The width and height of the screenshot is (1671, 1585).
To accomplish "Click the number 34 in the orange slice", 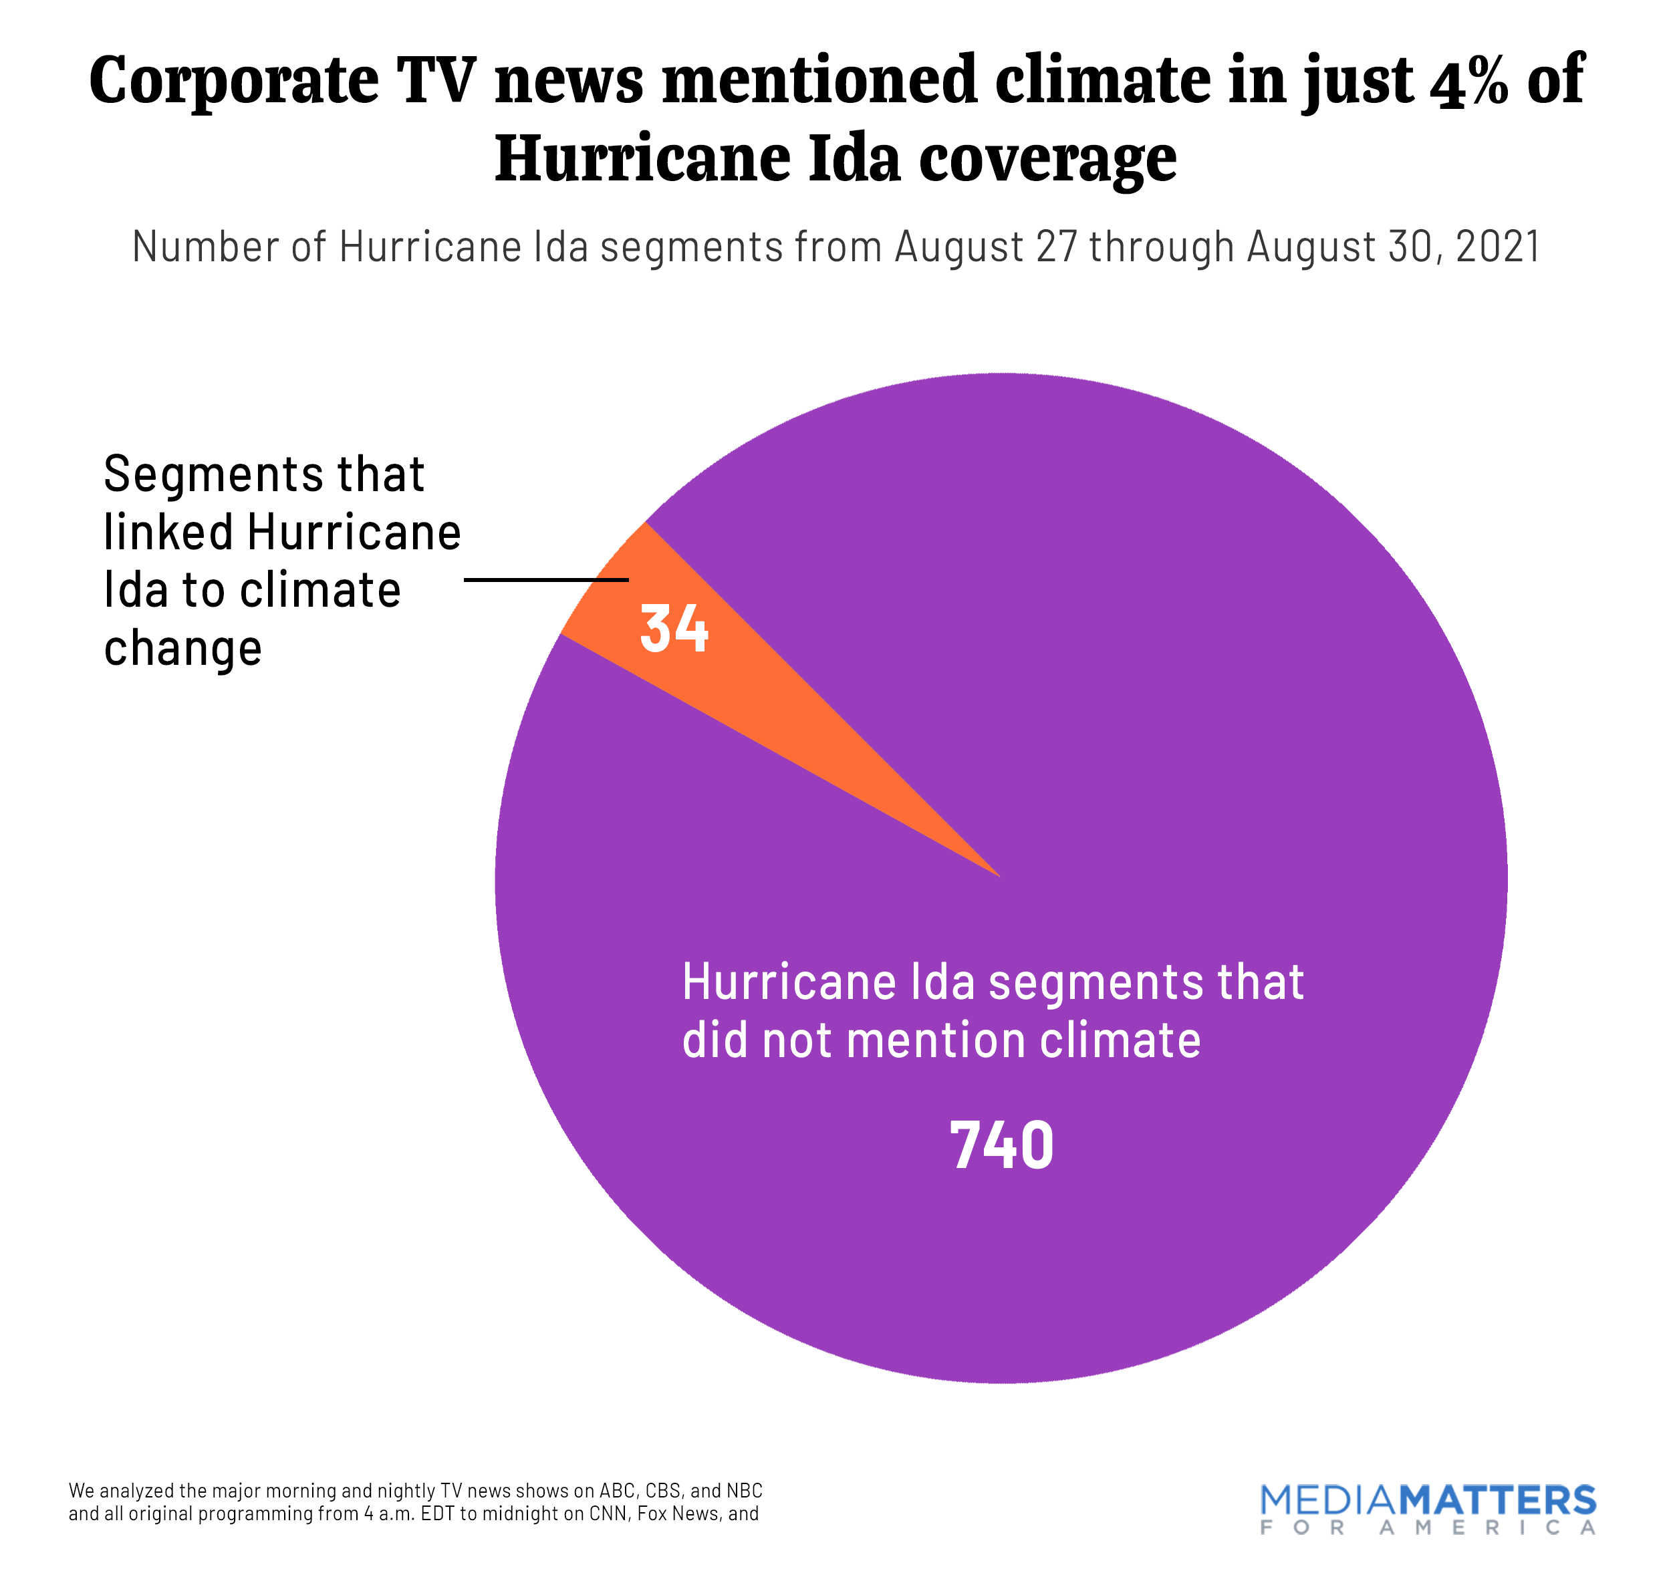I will click(673, 629).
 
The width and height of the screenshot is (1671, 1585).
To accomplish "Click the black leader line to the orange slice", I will click(546, 579).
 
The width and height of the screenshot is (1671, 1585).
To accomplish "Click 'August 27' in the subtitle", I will click(985, 247).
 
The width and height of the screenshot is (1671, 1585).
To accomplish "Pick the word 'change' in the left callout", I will click(182, 649).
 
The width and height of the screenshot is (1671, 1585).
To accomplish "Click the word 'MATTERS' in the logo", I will click(1496, 1501).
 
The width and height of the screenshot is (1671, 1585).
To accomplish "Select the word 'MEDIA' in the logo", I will click(1327, 1501).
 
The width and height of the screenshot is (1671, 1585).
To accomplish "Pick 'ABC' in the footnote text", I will click(617, 1490).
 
